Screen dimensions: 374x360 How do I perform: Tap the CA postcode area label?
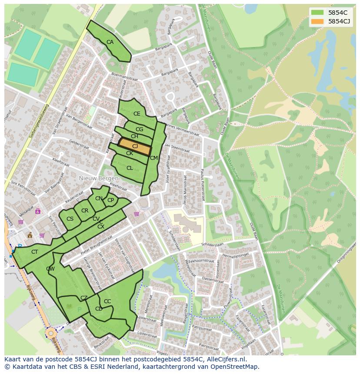tap(110, 42)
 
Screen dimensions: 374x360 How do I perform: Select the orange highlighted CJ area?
tap(135, 146)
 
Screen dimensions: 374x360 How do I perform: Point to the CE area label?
tap(137, 114)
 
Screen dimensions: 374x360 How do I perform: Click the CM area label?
tap(153, 158)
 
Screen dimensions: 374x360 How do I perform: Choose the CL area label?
tap(130, 168)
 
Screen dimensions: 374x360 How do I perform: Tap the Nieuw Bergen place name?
tap(99, 179)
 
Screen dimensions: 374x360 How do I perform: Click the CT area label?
tap(35, 252)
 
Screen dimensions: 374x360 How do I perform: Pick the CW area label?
tap(50, 269)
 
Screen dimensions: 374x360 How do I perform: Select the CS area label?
tap(70, 218)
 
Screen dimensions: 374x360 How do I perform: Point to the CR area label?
tap(85, 211)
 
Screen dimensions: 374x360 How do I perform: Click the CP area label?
tap(110, 200)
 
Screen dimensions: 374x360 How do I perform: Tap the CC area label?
tap(107, 301)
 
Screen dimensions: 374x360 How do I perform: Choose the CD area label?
tap(99, 309)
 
